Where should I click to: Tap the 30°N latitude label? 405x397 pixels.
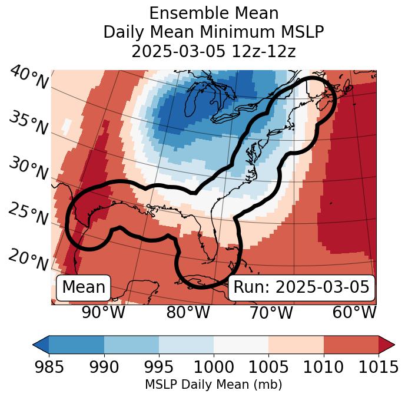(x=28, y=169)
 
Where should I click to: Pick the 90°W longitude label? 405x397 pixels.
(x=104, y=312)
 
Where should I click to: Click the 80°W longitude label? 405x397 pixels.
(x=188, y=312)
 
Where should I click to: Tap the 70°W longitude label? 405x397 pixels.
(x=271, y=312)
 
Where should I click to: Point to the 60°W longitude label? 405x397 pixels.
(x=354, y=312)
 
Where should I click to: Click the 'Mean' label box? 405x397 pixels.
(x=84, y=287)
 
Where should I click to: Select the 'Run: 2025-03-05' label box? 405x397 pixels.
(x=301, y=287)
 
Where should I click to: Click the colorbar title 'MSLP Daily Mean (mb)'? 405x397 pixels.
(x=213, y=385)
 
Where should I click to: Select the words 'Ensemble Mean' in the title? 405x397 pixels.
(x=214, y=13)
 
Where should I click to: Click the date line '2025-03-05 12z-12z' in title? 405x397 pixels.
(x=214, y=51)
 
